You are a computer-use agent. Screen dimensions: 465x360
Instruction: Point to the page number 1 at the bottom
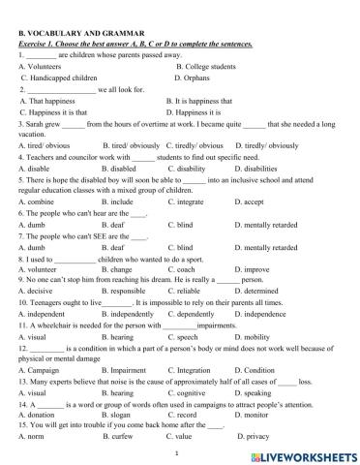click(x=179, y=452)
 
